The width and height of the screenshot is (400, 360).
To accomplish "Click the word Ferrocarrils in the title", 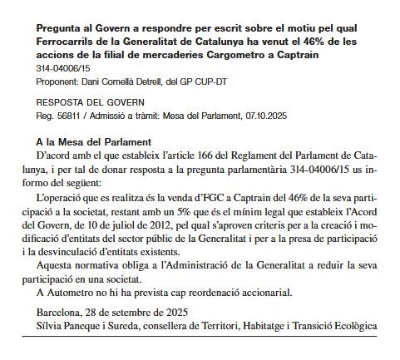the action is [67, 41].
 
